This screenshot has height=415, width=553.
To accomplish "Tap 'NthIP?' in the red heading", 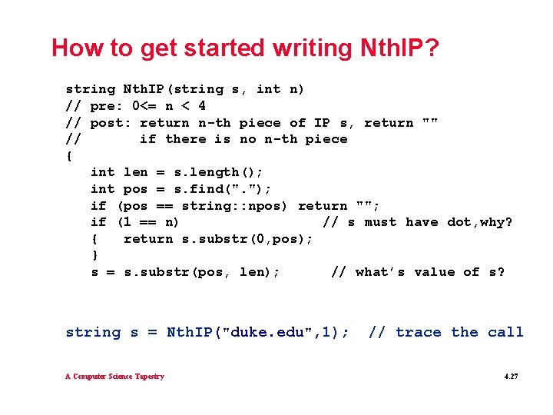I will [x=399, y=48].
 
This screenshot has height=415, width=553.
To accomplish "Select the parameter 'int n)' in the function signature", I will [x=280, y=89].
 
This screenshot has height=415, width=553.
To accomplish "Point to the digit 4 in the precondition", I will [x=201, y=106].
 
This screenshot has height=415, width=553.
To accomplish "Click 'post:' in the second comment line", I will [x=111, y=123].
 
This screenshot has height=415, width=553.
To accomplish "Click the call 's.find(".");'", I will [x=223, y=189].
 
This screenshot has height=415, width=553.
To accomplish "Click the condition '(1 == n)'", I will [x=148, y=222].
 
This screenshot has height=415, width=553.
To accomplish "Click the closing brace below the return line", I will [x=94, y=255].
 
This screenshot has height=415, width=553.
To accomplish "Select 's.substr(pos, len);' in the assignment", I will [x=202, y=272].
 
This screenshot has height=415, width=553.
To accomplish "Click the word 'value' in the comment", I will [x=435, y=272].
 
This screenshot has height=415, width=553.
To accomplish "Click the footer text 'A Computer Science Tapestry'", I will [x=114, y=377].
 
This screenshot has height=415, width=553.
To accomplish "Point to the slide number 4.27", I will [x=511, y=377].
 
